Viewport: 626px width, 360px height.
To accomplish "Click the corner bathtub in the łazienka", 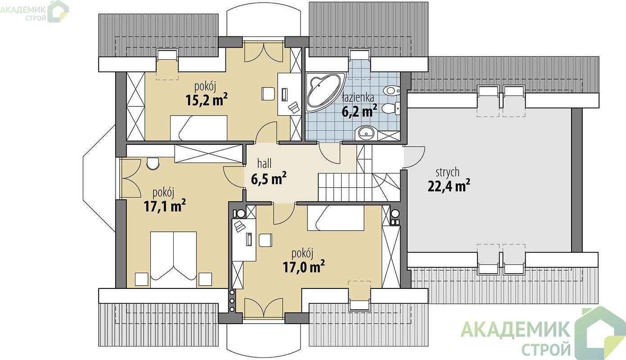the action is click(324, 92).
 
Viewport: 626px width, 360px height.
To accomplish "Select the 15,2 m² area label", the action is click(207, 100).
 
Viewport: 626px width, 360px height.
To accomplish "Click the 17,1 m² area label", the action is click(165, 206).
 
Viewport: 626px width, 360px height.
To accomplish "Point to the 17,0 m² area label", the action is click(304, 266).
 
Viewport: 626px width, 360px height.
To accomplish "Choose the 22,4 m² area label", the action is click(449, 185).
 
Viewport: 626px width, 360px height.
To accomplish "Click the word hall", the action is click(264, 163).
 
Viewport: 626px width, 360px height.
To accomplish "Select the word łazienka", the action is click(358, 98).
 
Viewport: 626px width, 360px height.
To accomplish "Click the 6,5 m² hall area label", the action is click(269, 179).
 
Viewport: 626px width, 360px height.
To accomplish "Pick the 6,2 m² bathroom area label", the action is click(360, 111).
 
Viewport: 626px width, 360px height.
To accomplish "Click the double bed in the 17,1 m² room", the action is click(173, 259).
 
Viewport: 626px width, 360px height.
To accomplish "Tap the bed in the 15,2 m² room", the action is click(198, 128).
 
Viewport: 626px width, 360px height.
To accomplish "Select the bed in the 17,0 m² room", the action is click(336, 218).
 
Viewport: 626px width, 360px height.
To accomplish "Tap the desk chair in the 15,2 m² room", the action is click(267, 94).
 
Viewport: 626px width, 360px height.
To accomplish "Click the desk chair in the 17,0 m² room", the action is click(265, 240).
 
